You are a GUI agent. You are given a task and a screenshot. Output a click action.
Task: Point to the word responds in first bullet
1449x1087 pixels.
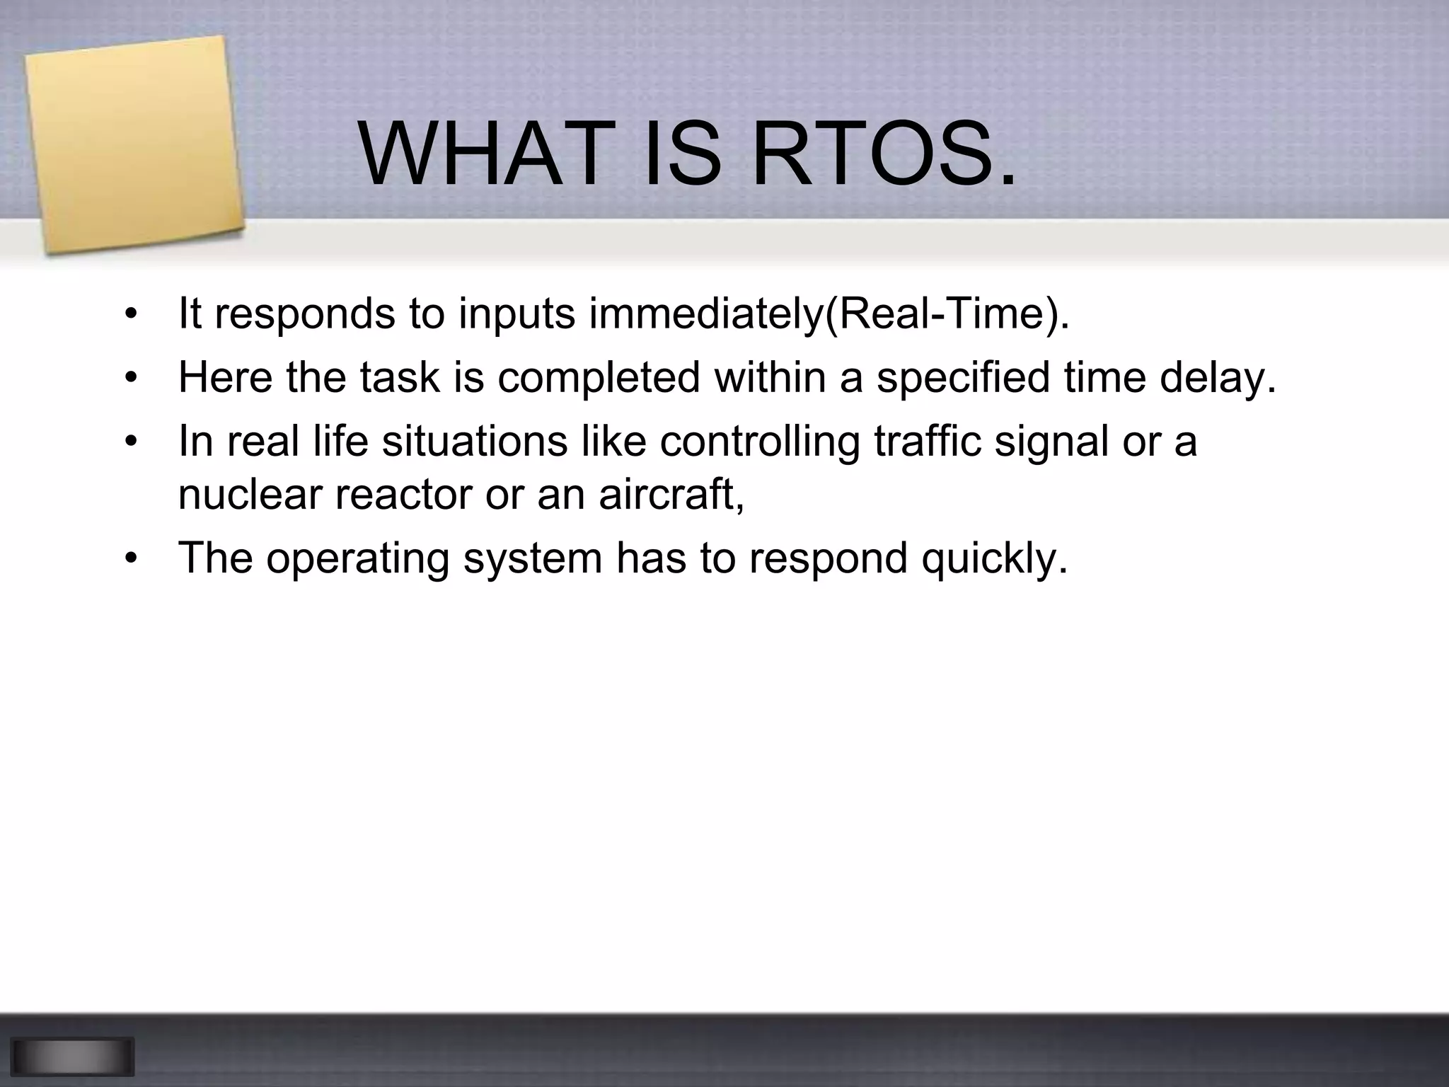[305, 314]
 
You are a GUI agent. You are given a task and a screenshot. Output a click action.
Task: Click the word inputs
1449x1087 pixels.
[516, 315]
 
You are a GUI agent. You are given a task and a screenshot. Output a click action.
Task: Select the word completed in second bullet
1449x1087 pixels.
[599, 377]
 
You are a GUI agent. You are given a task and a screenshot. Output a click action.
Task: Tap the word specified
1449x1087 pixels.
[963, 377]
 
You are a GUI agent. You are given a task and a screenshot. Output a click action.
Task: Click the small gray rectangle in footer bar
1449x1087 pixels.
[72, 1056]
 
